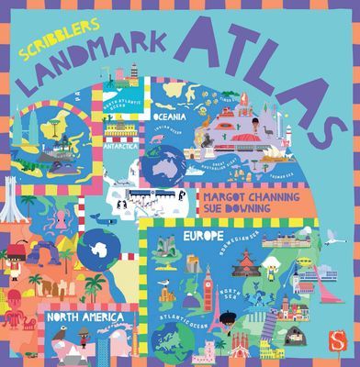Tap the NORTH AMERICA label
click(86, 317)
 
